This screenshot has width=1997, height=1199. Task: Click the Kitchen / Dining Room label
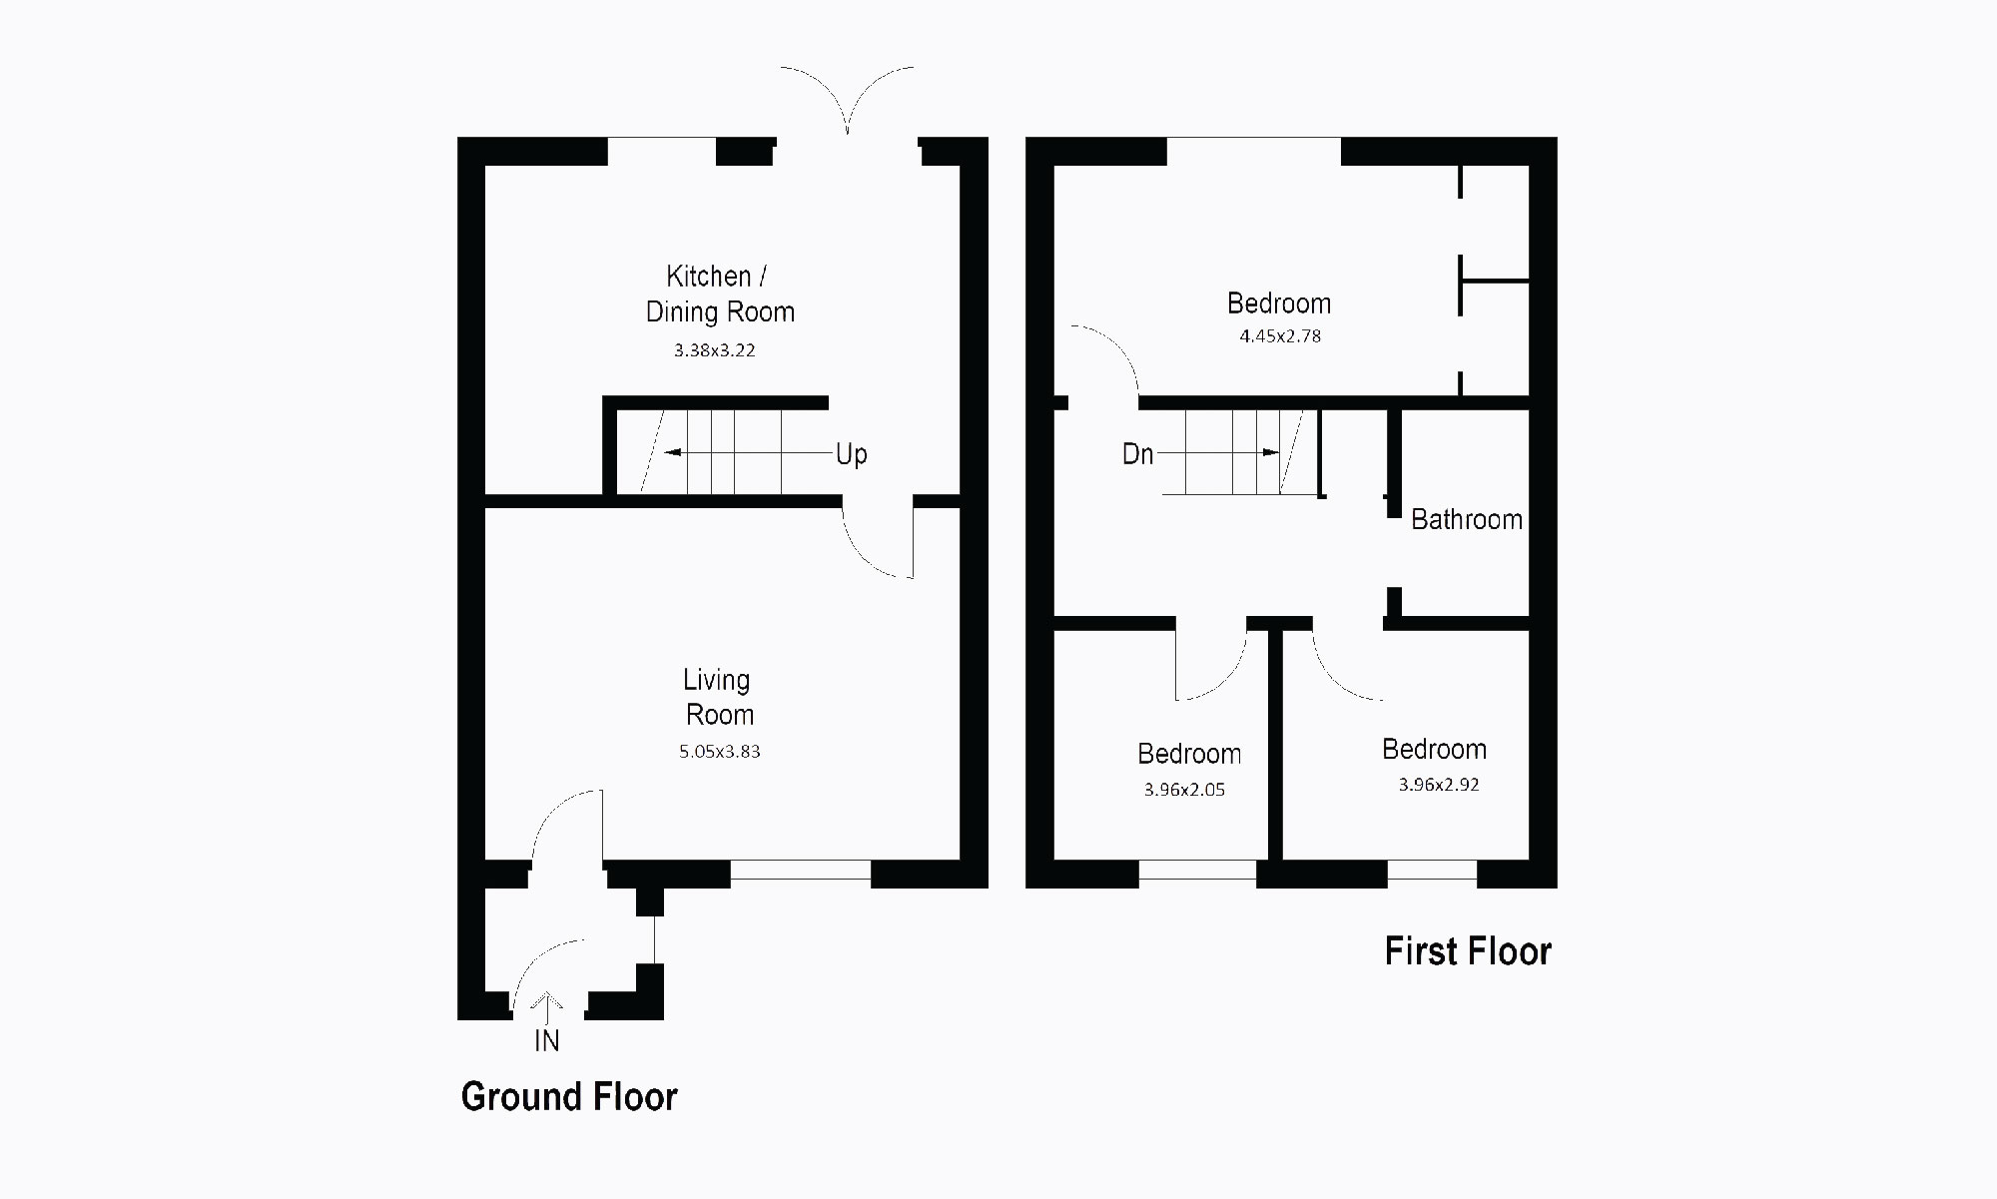[x=719, y=294]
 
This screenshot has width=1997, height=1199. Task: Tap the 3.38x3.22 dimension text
[x=714, y=350]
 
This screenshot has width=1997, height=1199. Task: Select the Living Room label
[x=718, y=697]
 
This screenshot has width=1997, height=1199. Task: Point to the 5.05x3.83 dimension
[x=719, y=752]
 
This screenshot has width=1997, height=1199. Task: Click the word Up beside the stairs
[x=851, y=454]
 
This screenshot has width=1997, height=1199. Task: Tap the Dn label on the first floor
[x=1137, y=454]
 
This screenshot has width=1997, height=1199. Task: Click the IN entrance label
[x=546, y=1041]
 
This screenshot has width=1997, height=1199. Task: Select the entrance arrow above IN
[x=547, y=1002]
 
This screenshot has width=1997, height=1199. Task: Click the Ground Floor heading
[x=569, y=1096]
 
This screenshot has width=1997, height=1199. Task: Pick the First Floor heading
[x=1467, y=951]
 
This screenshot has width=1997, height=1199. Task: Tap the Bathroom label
[x=1466, y=519]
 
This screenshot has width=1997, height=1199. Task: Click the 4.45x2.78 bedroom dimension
[x=1280, y=336]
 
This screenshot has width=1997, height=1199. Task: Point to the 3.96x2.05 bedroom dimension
[x=1184, y=790]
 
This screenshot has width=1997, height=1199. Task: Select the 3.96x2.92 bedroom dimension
[x=1438, y=785]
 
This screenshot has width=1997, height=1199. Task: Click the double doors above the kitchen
[x=847, y=100]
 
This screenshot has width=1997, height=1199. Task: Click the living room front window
[x=800, y=870]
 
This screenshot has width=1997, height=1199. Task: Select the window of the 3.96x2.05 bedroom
[x=1196, y=870]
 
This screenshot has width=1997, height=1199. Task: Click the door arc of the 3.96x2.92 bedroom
[x=1343, y=669]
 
